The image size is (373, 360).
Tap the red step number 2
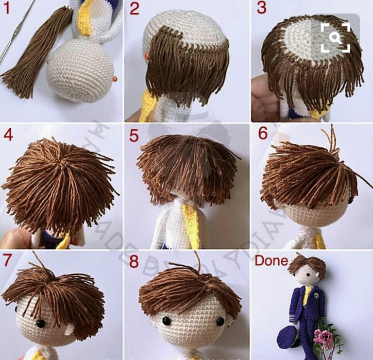click(135, 9)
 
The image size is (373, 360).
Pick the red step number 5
click(134, 135)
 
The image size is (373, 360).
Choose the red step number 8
click(134, 261)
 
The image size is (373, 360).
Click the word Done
click(271, 260)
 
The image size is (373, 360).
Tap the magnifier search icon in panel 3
click(335, 37)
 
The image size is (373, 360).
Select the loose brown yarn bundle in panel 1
click(36, 53)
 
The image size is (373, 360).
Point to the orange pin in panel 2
click(147, 57)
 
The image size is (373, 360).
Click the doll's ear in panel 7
click(68, 332)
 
